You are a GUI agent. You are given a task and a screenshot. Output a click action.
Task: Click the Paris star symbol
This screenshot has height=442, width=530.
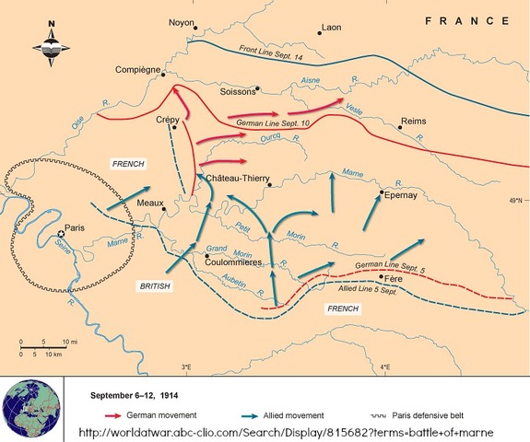point(62,234)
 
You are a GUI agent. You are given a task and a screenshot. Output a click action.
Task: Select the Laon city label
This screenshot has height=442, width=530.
point(331,28)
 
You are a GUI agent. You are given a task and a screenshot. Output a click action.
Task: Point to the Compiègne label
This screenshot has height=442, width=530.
point(138,70)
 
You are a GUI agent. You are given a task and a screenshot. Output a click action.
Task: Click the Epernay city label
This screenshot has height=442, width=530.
point(402,195)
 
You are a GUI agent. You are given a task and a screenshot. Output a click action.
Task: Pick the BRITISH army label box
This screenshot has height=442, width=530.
point(154,285)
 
